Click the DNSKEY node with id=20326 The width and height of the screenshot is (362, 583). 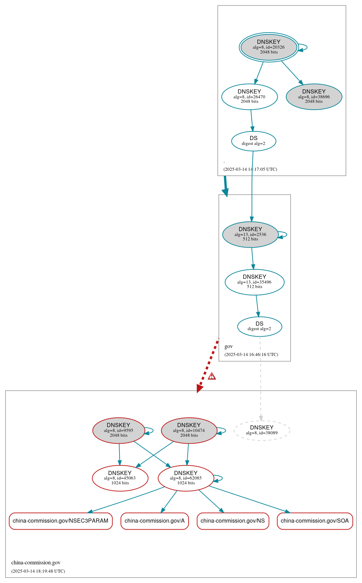pyautogui.click(x=269, y=47)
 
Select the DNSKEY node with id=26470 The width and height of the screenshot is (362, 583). pyautogui.click(x=249, y=97)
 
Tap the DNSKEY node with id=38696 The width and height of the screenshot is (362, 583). pyautogui.click(x=314, y=97)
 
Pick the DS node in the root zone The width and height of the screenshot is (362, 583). pyautogui.click(x=254, y=141)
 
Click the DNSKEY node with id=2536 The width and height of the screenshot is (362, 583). pyautogui.click(x=250, y=235)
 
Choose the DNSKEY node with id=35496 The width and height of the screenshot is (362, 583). pyautogui.click(x=255, y=282)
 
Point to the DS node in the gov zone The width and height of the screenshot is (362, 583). pyautogui.click(x=259, y=326)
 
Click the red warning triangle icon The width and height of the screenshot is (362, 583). pyautogui.click(x=212, y=376)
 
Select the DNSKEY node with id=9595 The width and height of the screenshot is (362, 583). pyautogui.click(x=118, y=431)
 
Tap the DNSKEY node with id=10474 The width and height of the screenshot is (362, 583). pyautogui.click(x=189, y=431)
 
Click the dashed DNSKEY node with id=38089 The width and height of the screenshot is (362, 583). pyautogui.click(x=262, y=431)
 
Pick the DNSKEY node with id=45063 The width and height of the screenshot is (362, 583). pyautogui.click(x=120, y=478)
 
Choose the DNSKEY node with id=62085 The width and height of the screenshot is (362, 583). pyautogui.click(x=186, y=478)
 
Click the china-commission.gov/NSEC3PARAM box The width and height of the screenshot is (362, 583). pyautogui.click(x=60, y=521)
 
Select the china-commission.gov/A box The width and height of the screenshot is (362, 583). pyautogui.click(x=154, y=521)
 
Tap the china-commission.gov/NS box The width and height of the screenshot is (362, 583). pyautogui.click(x=233, y=521)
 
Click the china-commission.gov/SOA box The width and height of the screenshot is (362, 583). pyautogui.click(x=315, y=521)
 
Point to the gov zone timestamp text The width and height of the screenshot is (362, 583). pyautogui.click(x=251, y=355)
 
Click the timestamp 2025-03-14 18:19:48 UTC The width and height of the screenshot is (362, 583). pyautogui.click(x=38, y=571)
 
